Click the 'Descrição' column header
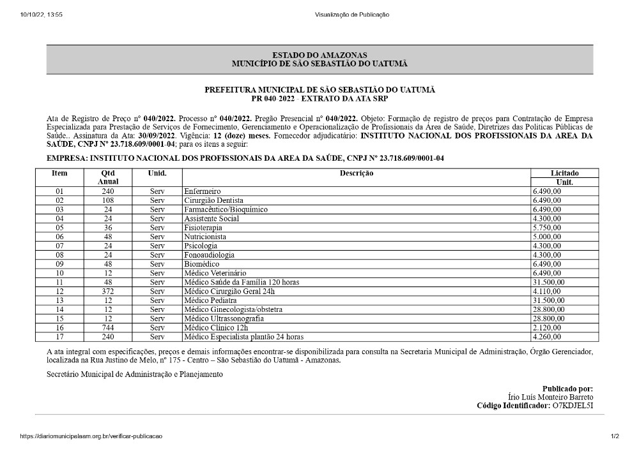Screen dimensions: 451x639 coord(356,173)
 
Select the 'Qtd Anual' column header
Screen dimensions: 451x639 coord(107,177)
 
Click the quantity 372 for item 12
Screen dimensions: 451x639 coord(107,291)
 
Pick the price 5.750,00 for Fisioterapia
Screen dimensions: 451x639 coord(547,228)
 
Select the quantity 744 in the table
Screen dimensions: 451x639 coord(107,327)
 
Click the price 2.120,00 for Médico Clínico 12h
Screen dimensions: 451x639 coord(547,327)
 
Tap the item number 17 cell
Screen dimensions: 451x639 coord(60,337)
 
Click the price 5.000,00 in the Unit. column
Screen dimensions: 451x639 coord(547,237)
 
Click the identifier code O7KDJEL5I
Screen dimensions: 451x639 coord(573,406)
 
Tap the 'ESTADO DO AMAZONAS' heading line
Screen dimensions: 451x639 coord(319,55)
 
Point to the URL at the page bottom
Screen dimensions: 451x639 coord(91,436)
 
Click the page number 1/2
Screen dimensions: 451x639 coord(615,436)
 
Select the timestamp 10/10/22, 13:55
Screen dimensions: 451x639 coord(41,15)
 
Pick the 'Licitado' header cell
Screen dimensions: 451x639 coord(564,173)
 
